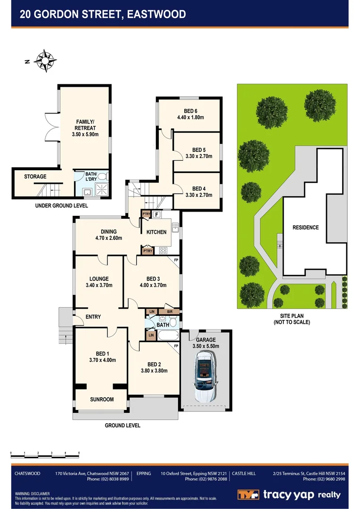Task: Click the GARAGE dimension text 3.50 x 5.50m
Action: (x=206, y=346)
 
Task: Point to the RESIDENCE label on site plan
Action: (x=305, y=227)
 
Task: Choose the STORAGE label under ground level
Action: (x=35, y=177)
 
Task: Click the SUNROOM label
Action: (x=102, y=399)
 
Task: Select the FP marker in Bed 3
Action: (x=176, y=260)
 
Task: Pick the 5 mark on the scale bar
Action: (x=79, y=453)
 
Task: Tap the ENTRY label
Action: (x=93, y=317)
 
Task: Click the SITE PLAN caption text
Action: (x=292, y=316)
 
